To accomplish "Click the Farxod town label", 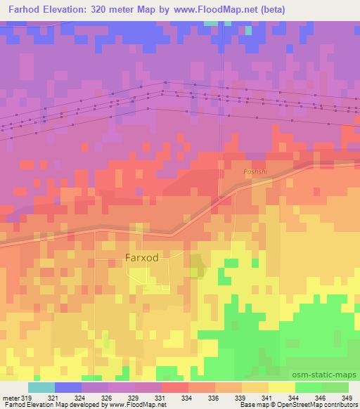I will pyautogui.click(x=146, y=257).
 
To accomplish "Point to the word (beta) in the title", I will pyautogui.click(x=270, y=10).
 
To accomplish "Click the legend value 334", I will pyautogui.click(x=186, y=397).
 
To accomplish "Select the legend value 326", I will pyautogui.click(x=108, y=397).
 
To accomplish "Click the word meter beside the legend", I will pyautogui.click(x=11, y=397).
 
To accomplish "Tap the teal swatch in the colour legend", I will pyautogui.click(x=41, y=387).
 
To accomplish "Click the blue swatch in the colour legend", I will pyautogui.click(x=68, y=387).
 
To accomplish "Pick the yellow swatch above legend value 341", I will pyautogui.click(x=282, y=387).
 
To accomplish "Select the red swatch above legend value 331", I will pyautogui.click(x=175, y=387).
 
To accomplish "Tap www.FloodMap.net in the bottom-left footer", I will pyautogui.click(x=138, y=405).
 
